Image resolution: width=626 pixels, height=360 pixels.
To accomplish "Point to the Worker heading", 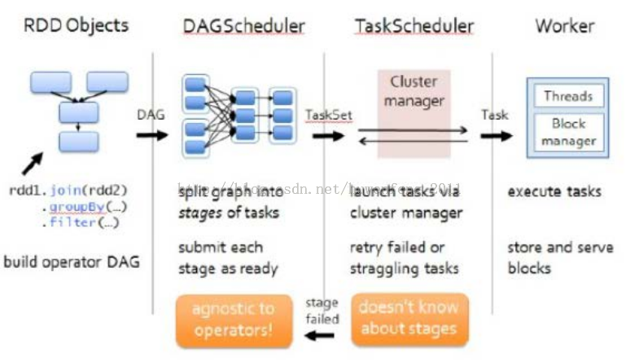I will point(564,25).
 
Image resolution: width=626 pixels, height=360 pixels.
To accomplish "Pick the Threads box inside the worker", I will point(569,96).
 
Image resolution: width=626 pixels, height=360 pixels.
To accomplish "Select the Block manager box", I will point(569,133).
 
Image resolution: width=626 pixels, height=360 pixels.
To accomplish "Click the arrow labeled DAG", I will point(151,134).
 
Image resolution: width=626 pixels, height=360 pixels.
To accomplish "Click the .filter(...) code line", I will point(78,222).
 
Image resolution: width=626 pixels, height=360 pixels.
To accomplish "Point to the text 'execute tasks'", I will point(554,192).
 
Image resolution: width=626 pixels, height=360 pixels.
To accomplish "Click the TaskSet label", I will point(329,115).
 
